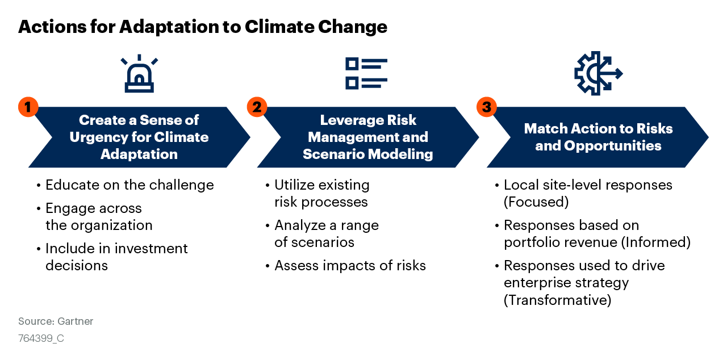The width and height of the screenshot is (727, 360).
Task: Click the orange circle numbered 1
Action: coord(28,107)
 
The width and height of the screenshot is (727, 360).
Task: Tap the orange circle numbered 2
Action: coord(257,107)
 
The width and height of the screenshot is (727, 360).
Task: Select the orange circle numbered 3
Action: coord(486,107)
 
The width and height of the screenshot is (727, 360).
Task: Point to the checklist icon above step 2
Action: coord(366,73)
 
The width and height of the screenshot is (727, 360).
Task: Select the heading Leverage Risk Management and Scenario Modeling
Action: coord(367,137)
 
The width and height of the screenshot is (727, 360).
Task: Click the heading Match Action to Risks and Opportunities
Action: coord(598,137)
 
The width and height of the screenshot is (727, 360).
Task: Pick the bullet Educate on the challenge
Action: coord(129,185)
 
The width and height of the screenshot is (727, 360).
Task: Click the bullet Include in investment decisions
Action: coord(116,257)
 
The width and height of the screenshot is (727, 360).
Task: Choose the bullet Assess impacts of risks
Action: coord(350,265)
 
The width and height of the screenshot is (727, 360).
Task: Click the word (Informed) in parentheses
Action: coord(655,242)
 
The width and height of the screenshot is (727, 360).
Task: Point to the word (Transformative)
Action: coord(557,300)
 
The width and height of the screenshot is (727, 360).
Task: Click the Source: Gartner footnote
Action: coord(56,321)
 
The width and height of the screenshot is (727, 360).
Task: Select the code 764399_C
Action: coord(41,338)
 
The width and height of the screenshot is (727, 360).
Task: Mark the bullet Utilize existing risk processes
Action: coord(321,194)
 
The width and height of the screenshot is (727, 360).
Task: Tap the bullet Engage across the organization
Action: coord(99,217)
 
